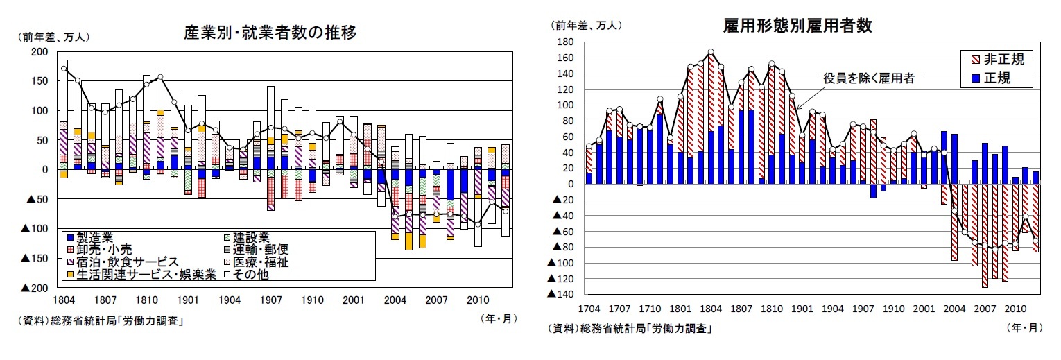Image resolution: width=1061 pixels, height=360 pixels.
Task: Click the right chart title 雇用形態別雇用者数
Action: (797, 26)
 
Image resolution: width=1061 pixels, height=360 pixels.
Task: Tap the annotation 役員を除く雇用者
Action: (868, 78)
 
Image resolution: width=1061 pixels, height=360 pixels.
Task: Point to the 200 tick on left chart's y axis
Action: (40, 52)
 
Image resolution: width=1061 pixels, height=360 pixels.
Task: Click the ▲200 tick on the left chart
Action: (35, 288)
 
